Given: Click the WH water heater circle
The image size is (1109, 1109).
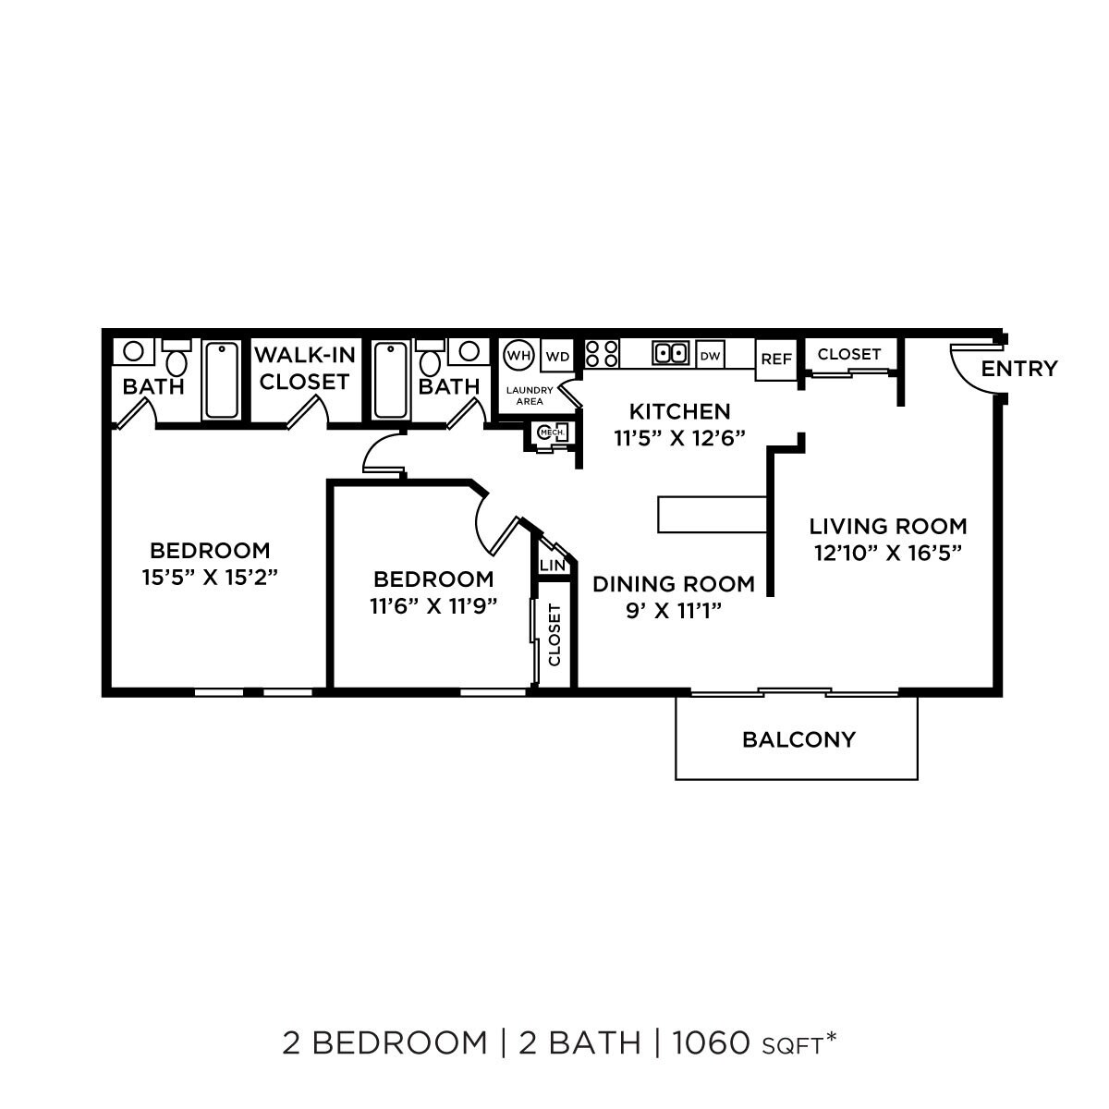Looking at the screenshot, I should pos(518,355).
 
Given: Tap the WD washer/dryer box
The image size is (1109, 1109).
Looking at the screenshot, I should pos(557,356).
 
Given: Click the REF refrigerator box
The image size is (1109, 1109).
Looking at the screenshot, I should pos(775,360).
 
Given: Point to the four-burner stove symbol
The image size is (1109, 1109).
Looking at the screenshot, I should pos(602,354).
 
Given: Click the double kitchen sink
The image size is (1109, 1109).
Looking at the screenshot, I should pos(670,353).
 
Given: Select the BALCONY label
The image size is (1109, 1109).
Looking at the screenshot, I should pos(798,739).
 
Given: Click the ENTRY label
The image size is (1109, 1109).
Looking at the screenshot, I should pos(1018,369).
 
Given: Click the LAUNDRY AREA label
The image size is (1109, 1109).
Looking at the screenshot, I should pos(530,396).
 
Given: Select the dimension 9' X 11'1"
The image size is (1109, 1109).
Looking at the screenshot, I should pos(672,610).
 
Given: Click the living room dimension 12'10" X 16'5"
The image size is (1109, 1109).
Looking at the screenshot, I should pos(888,553).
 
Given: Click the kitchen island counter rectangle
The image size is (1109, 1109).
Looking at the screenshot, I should pos(712,515).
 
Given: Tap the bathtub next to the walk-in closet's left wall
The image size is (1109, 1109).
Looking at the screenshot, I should pos(222,381).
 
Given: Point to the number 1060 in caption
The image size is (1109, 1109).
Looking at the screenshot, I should pos(710,1043).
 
